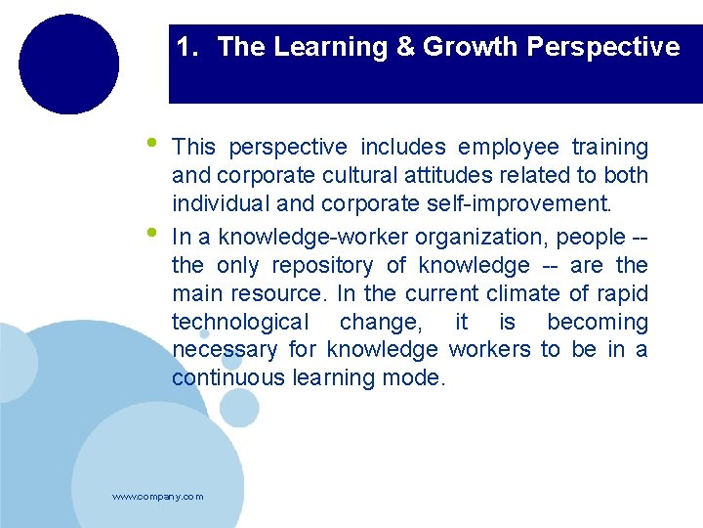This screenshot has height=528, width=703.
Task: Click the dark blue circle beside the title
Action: click(x=68, y=64)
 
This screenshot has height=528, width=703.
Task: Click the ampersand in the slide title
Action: click(x=405, y=47)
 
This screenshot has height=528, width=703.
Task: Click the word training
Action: click(x=609, y=148)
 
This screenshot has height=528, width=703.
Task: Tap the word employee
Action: click(x=509, y=148)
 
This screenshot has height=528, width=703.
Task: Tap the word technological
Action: click(x=239, y=322)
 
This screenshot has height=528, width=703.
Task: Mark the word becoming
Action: click(x=597, y=322)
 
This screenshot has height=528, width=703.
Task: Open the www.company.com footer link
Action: click(x=158, y=497)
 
